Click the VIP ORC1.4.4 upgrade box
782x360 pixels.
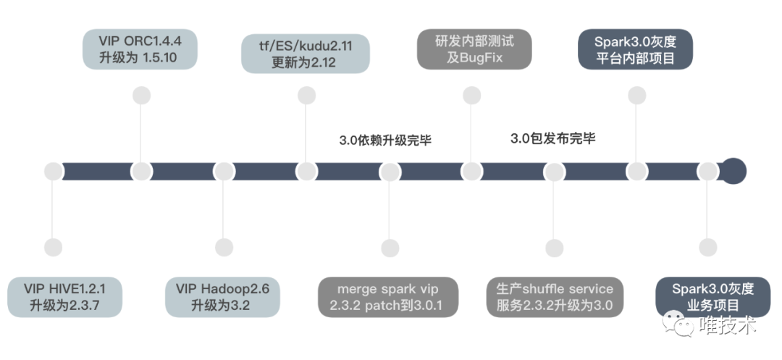pyautogui.click(x=142, y=49)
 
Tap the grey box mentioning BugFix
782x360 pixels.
pyautogui.click(x=474, y=49)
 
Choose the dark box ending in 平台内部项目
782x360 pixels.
pyautogui.click(x=635, y=49)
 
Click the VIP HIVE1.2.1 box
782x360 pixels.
pyautogui.click(x=64, y=296)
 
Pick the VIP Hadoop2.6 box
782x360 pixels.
pyautogui.click(x=222, y=296)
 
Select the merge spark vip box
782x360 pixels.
pyautogui.click(x=388, y=296)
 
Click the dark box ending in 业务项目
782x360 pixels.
pyautogui.click(x=706, y=296)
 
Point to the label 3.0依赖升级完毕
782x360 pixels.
pyautogui.click(x=384, y=141)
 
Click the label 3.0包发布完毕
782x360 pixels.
pyautogui.click(x=552, y=138)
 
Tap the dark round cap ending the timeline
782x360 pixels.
pyautogui.click(x=733, y=172)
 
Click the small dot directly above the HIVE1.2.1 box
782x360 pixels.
pyautogui.click(x=53, y=248)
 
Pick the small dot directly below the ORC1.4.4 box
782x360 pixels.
pyautogui.click(x=142, y=96)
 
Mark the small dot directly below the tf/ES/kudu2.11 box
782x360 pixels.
pyautogui.click(x=307, y=96)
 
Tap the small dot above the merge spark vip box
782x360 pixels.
pyautogui.click(x=390, y=248)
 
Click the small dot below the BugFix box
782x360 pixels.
pyautogui.click(x=472, y=96)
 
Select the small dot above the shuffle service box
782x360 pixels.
pyautogui.click(x=554, y=248)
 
